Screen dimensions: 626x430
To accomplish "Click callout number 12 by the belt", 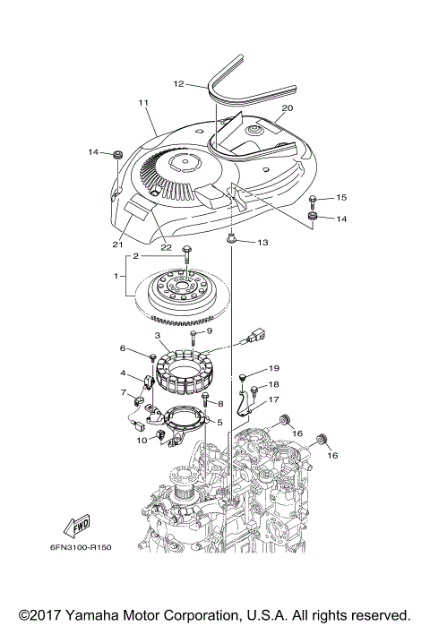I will (x=178, y=84).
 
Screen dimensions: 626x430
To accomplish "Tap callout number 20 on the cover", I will (x=286, y=107).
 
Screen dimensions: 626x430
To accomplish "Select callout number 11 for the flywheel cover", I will (x=142, y=104).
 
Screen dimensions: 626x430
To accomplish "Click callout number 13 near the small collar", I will (x=262, y=243).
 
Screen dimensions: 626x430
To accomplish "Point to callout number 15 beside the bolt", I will (x=341, y=196).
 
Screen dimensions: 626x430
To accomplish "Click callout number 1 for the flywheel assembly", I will (x=117, y=278).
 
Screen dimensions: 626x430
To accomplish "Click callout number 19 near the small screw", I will (x=274, y=368).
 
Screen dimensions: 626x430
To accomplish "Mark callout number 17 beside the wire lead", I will (x=274, y=400).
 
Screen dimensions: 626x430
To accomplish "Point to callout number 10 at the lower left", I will (x=141, y=440).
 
